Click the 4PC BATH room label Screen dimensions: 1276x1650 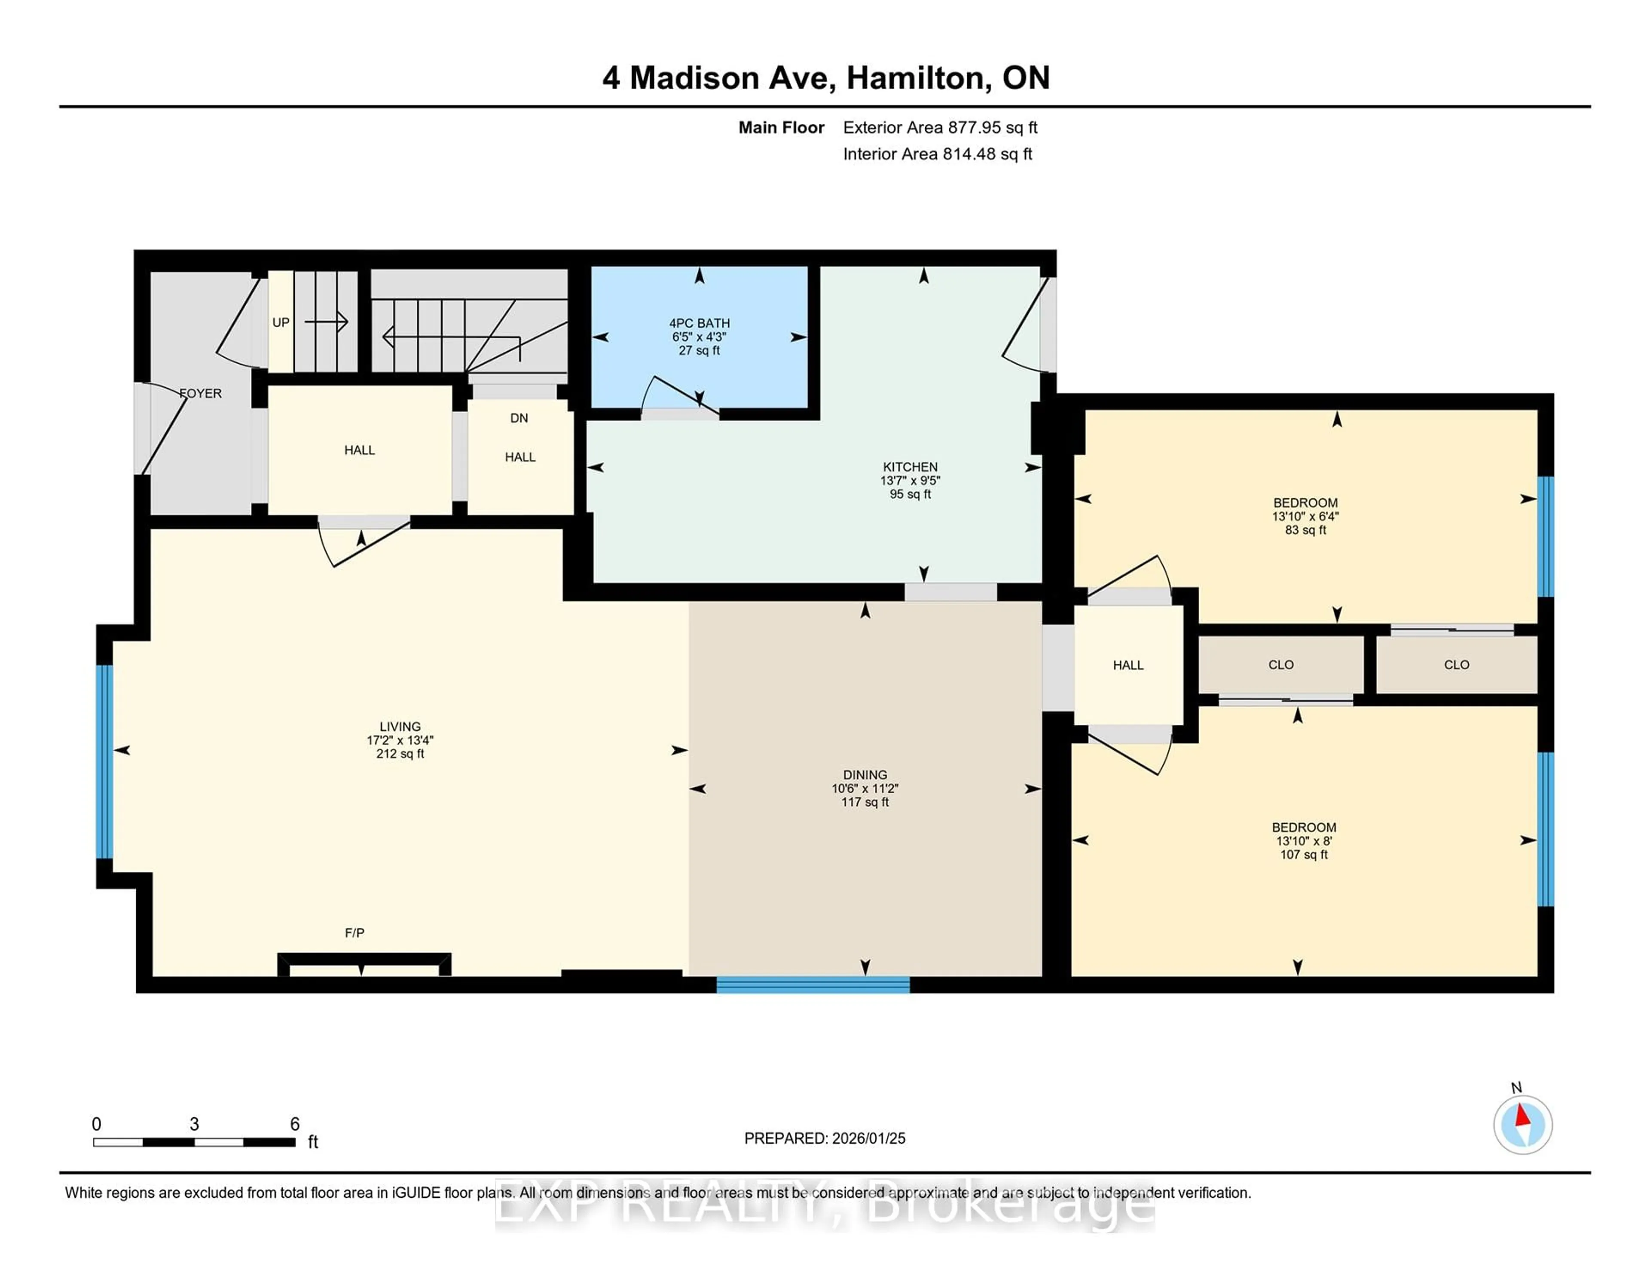tap(699, 323)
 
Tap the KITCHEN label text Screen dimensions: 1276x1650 tap(910, 467)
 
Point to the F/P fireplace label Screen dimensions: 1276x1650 tap(354, 933)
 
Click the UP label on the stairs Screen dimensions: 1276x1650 tap(280, 323)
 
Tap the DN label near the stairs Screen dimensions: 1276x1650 tap(519, 418)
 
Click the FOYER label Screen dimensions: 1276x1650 tap(201, 393)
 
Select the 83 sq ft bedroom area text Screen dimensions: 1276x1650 tap(1305, 531)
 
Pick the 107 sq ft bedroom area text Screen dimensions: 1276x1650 tap(1303, 855)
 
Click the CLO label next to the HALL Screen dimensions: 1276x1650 tap(1280, 665)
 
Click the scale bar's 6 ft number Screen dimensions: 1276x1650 tap(295, 1124)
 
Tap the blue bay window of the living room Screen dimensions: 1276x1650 tap(104, 761)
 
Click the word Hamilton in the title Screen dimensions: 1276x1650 tap(918, 78)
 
